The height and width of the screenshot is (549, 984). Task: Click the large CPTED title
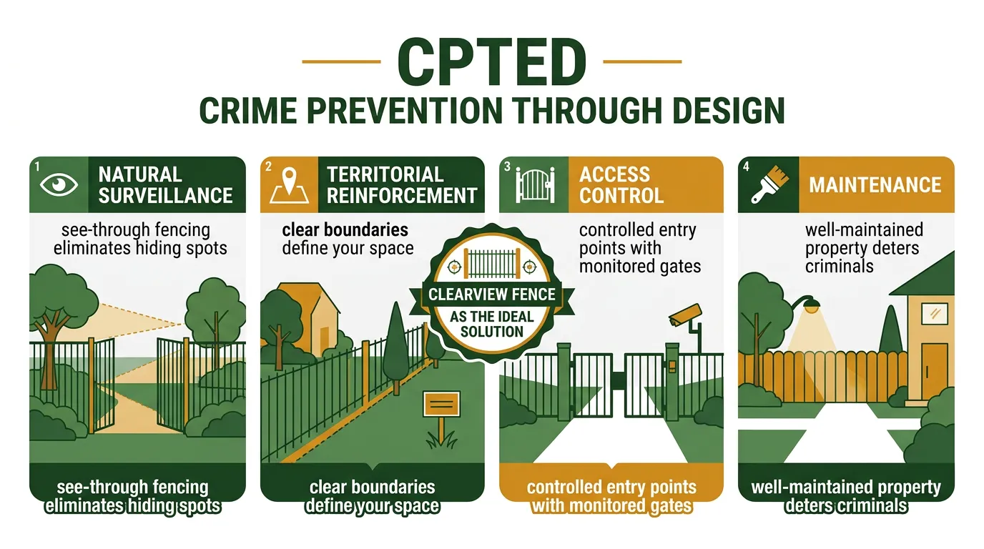click(491, 63)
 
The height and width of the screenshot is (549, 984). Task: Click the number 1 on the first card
click(36, 167)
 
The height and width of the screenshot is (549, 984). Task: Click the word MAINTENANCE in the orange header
click(875, 185)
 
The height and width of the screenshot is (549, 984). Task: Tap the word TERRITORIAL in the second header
click(385, 175)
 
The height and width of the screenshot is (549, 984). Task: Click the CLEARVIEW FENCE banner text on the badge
click(492, 295)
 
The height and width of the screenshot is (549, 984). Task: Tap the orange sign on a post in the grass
click(441, 405)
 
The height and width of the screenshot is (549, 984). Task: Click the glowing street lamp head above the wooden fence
click(810, 307)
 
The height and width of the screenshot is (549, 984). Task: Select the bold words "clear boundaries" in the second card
click(345, 230)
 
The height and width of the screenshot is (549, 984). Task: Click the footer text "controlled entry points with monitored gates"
click(611, 496)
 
